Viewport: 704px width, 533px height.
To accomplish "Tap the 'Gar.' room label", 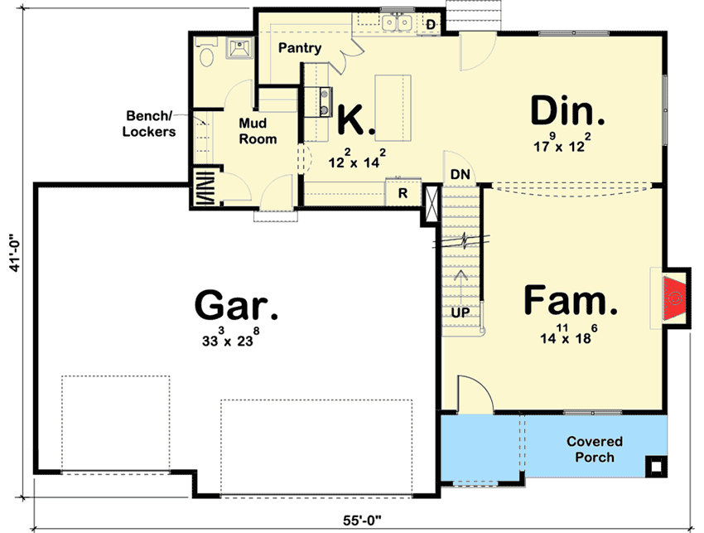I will click(236, 306).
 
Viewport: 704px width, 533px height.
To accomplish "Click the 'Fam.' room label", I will click(571, 301).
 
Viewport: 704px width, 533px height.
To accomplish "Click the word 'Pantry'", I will click(299, 48).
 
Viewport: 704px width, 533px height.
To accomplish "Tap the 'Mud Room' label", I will click(258, 132).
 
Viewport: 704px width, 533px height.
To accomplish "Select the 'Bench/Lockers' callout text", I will click(150, 124).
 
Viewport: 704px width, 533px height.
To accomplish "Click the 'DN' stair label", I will click(460, 175).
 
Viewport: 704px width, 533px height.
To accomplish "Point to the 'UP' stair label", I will click(461, 313).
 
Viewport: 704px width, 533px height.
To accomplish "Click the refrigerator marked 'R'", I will click(403, 194).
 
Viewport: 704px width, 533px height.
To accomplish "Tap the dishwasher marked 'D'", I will click(431, 25).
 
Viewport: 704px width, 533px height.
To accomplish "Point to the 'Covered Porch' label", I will click(595, 449).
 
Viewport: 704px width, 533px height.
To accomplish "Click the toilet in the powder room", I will click(206, 55).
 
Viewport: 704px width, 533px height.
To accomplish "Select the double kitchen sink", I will click(398, 22).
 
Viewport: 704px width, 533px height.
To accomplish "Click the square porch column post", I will click(655, 466).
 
